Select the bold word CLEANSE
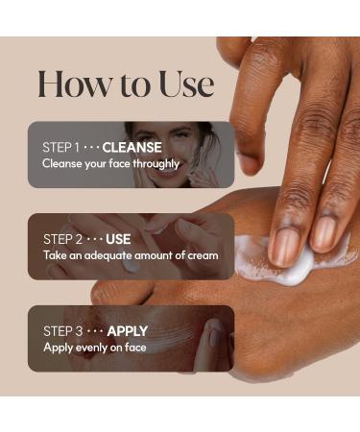pyautogui.click(x=132, y=148)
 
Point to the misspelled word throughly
pyautogui.click(x=155, y=163)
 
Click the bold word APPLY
pyautogui.click(x=128, y=331)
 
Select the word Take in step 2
pyautogui.click(x=52, y=255)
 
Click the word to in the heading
pyautogui.click(x=129, y=85)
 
